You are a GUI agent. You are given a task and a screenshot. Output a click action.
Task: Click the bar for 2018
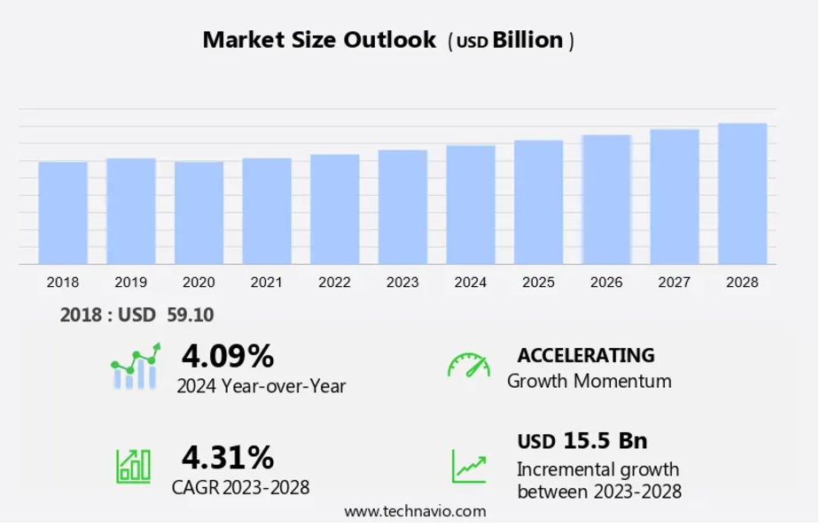pyautogui.click(x=63, y=213)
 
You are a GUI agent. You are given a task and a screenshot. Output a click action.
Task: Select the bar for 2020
pyautogui.click(x=199, y=213)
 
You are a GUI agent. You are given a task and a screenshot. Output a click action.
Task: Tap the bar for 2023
pyautogui.click(x=402, y=207)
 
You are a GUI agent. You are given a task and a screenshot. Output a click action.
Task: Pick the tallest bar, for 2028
pyautogui.click(x=742, y=193)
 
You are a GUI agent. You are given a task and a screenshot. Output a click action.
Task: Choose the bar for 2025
pyautogui.click(x=538, y=202)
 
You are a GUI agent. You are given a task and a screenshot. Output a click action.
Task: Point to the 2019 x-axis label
pyautogui.click(x=130, y=283)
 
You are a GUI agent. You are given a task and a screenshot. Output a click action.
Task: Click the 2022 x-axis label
pyautogui.click(x=334, y=283)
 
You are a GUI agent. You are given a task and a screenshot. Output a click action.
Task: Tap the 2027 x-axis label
pyautogui.click(x=674, y=283)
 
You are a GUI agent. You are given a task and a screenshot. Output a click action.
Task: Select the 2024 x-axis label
pyautogui.click(x=470, y=283)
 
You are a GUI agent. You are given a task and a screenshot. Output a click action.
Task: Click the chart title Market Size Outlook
pyautogui.click(x=319, y=40)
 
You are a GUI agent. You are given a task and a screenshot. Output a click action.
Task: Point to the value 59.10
pyautogui.click(x=190, y=315)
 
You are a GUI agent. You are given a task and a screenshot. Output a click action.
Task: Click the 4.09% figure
pyautogui.click(x=228, y=356)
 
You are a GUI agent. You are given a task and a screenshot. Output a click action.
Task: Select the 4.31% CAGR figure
pyautogui.click(x=228, y=457)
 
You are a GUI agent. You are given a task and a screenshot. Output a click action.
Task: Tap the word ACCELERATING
pyautogui.click(x=586, y=355)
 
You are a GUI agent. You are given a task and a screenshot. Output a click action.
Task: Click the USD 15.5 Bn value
pyautogui.click(x=582, y=440)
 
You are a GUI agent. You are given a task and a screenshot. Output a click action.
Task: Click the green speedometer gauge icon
pyautogui.click(x=468, y=365)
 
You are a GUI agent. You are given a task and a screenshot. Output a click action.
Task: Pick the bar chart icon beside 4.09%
pyautogui.click(x=135, y=367)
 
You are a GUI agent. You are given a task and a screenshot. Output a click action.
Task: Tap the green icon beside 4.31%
pyautogui.click(x=133, y=466)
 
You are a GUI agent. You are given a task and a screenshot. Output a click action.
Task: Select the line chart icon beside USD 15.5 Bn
pyautogui.click(x=468, y=466)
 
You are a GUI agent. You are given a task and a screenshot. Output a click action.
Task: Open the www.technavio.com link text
pyautogui.click(x=415, y=511)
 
